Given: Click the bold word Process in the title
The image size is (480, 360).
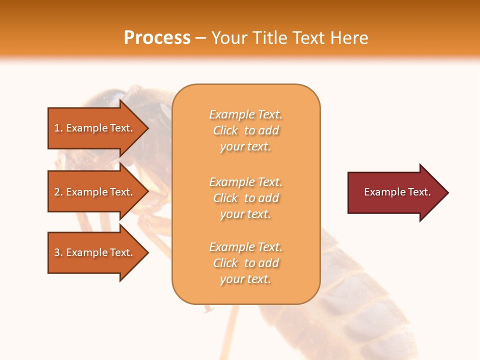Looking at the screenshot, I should tap(157, 37).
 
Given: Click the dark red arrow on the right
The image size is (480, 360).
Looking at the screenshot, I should tap(395, 192).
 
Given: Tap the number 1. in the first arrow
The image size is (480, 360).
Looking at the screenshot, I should tap(58, 128).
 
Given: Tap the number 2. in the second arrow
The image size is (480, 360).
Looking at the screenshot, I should tap(58, 192).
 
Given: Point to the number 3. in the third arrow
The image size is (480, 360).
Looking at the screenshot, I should tap(58, 252).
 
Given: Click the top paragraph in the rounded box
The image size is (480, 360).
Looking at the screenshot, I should tap(245, 130).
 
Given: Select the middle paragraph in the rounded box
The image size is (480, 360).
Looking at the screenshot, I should tap(245, 198).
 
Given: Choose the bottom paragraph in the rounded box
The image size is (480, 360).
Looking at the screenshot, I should tap(245, 263).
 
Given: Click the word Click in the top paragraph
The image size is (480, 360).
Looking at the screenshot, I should tap(225, 130).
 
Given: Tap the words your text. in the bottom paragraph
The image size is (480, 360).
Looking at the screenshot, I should tap(245, 279).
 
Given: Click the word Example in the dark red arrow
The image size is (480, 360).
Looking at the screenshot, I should tap(380, 192).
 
